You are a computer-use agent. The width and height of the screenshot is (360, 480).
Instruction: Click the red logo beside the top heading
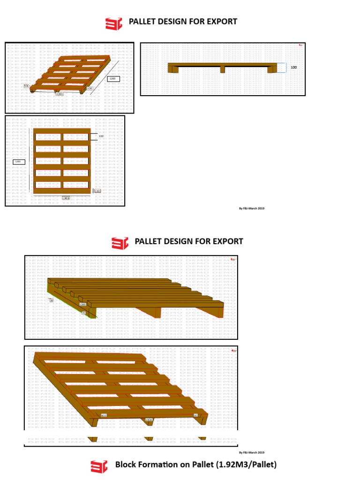click(x=113, y=22)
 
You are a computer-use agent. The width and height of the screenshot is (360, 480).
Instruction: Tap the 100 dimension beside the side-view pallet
click(x=294, y=67)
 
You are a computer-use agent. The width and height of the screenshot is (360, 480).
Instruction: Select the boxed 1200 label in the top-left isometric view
click(x=113, y=79)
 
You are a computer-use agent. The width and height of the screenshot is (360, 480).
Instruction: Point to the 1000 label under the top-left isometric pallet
click(x=60, y=94)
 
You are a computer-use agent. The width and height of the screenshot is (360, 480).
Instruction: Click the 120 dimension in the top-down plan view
click(x=101, y=136)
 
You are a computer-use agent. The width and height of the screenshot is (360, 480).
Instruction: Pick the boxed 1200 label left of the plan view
click(x=18, y=162)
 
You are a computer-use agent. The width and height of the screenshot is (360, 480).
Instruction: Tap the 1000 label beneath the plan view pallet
click(x=66, y=198)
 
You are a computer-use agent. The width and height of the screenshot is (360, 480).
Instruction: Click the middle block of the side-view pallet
click(x=223, y=69)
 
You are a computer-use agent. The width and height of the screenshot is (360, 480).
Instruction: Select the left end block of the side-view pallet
click(x=172, y=69)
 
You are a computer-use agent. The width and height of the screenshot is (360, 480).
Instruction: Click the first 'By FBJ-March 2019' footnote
click(x=252, y=208)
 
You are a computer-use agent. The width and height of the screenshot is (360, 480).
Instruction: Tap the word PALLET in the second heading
click(x=148, y=241)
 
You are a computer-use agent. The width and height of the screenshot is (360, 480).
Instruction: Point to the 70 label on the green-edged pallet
click(x=84, y=313)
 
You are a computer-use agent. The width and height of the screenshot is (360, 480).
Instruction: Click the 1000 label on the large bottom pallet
click(x=149, y=420)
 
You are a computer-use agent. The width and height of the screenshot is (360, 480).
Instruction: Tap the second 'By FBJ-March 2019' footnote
click(x=252, y=452)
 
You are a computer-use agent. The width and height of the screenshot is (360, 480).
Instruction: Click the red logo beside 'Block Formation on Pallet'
click(x=99, y=466)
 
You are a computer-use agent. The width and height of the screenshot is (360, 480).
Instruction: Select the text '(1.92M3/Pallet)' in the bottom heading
click(x=246, y=465)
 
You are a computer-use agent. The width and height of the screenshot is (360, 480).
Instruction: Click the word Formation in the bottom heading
click(x=160, y=465)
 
